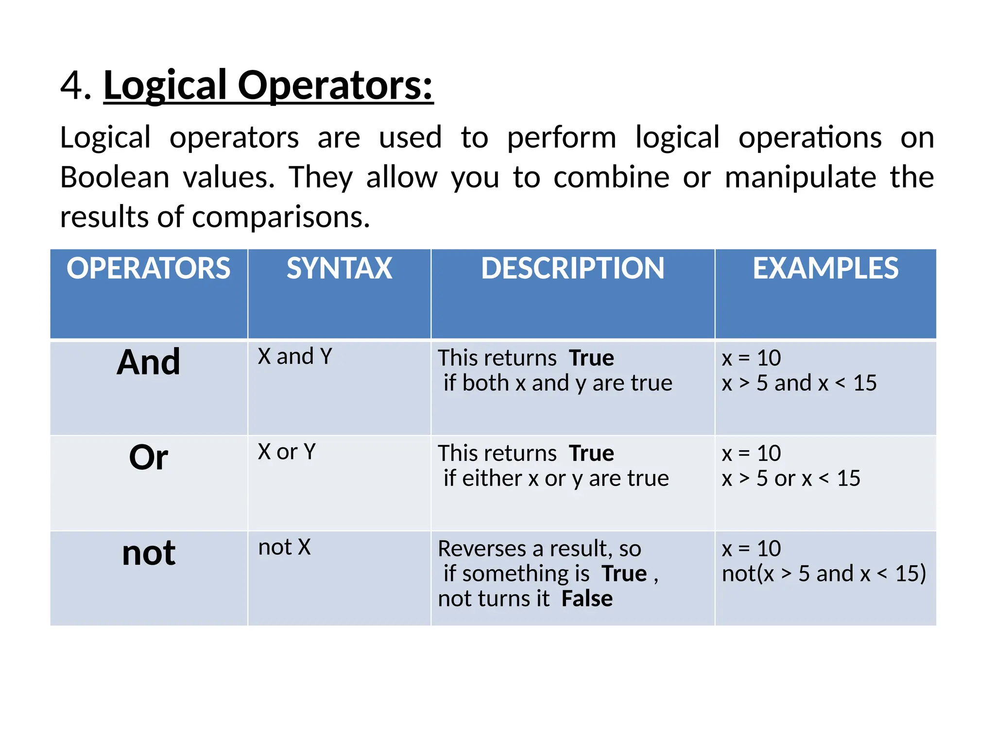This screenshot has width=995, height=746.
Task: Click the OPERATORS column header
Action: (x=148, y=268)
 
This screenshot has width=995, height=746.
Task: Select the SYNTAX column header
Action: (x=339, y=268)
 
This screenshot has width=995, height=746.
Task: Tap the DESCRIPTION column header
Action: (x=572, y=268)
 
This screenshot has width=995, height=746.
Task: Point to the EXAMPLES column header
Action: (x=825, y=268)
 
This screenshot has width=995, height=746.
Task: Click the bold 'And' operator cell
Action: (x=148, y=362)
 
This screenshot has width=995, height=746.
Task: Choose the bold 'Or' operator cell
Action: (x=148, y=458)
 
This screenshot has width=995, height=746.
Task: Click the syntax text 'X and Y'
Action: (x=295, y=356)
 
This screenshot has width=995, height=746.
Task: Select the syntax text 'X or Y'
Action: (x=287, y=452)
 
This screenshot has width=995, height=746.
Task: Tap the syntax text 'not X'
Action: (x=284, y=547)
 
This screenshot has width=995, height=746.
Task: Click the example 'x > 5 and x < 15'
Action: (x=799, y=383)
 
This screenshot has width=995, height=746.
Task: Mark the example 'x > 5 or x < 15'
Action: (x=791, y=478)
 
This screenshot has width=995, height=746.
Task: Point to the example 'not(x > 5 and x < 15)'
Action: (x=823, y=574)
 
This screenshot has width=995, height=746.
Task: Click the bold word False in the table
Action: (x=587, y=599)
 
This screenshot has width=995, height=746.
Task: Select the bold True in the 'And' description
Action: (x=591, y=358)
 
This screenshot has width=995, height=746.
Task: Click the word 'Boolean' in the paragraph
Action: (x=115, y=177)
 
